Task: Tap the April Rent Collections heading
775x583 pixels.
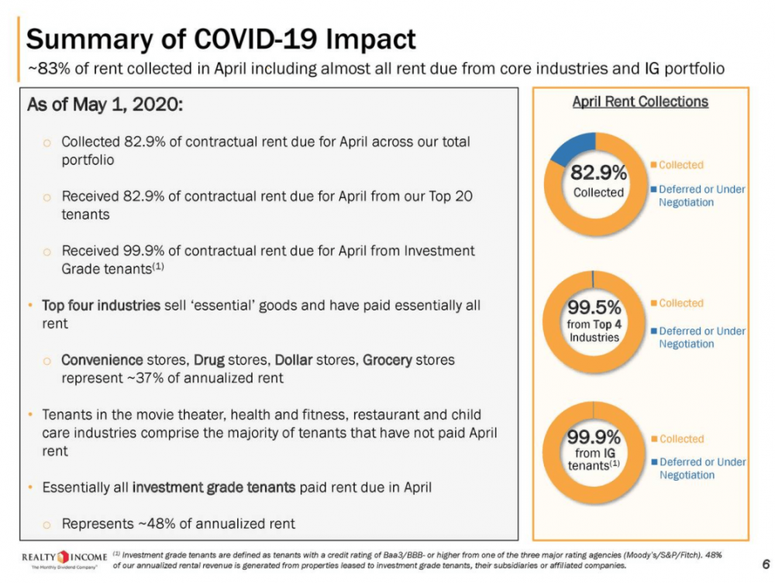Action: [639, 101]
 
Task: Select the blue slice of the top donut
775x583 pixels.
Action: [572, 148]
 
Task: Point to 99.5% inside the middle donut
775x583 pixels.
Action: [594, 309]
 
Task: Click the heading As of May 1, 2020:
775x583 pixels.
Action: [105, 105]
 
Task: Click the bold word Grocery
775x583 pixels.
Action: [387, 360]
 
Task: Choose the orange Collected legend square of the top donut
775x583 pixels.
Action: [654, 165]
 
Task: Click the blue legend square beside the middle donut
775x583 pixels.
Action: [654, 331]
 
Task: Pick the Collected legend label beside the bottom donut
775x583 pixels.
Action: [681, 439]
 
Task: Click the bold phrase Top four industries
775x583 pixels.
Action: [101, 305]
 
